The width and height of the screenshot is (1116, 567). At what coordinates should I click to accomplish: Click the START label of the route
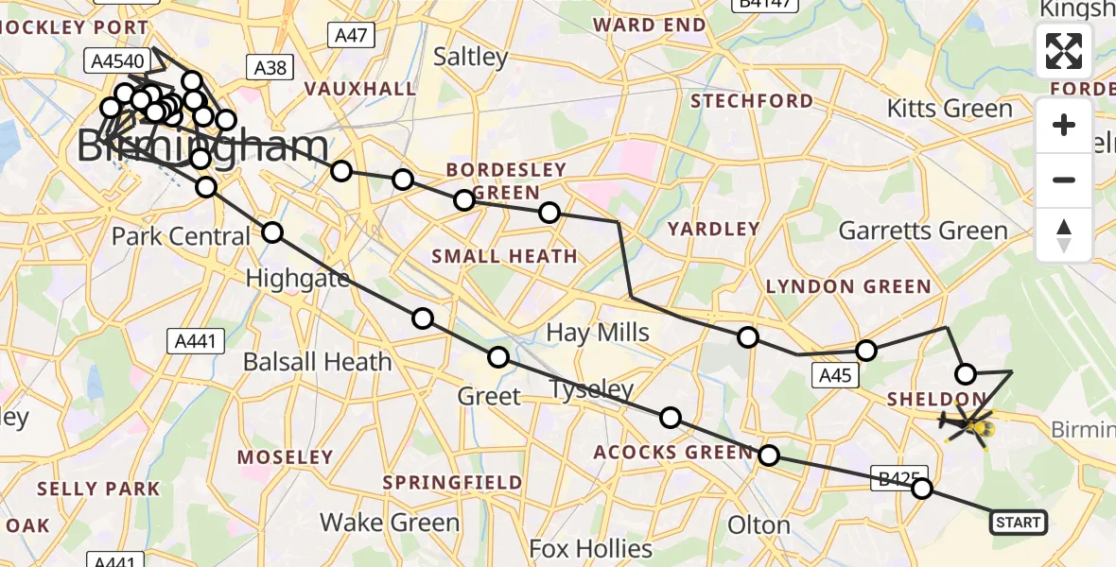pyautogui.click(x=1018, y=523)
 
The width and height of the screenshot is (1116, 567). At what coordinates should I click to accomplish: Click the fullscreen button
pyautogui.click(x=1064, y=51)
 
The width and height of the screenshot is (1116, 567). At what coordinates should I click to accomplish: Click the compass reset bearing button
pyautogui.click(x=1064, y=235)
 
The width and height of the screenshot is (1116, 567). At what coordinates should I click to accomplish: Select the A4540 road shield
pyautogui.click(x=117, y=62)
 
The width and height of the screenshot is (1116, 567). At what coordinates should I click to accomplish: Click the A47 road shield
pyautogui.click(x=352, y=36)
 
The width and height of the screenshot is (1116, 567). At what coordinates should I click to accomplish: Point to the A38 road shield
pyautogui.click(x=270, y=67)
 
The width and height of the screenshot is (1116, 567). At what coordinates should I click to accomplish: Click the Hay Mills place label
pyautogui.click(x=598, y=333)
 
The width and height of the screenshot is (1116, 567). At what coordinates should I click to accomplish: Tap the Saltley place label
pyautogui.click(x=471, y=57)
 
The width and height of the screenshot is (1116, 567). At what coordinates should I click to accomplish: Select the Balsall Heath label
pyautogui.click(x=317, y=362)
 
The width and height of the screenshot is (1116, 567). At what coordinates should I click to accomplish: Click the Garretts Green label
pyautogui.click(x=923, y=231)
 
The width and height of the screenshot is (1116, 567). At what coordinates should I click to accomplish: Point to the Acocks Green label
pyautogui.click(x=673, y=454)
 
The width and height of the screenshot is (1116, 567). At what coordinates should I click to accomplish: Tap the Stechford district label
pyautogui.click(x=752, y=101)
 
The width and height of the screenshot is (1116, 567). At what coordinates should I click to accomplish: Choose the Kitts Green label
pyautogui.click(x=950, y=109)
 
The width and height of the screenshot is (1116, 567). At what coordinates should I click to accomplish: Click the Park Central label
pyautogui.click(x=181, y=236)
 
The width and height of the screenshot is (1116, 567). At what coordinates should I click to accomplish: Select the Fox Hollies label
pyautogui.click(x=591, y=549)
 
